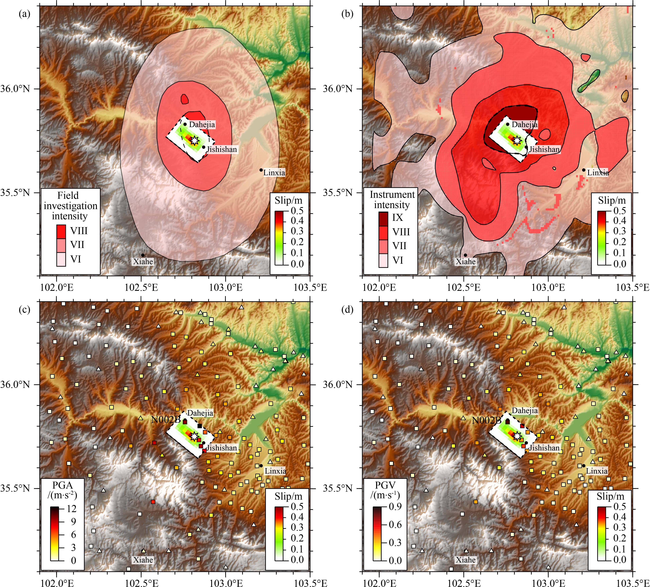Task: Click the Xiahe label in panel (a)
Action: tap(143, 261)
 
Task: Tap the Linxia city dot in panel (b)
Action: tap(584, 170)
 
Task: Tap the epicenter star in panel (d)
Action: tap(517, 436)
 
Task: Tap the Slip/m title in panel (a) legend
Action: tap(289, 200)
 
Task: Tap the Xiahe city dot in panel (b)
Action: tap(465, 255)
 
